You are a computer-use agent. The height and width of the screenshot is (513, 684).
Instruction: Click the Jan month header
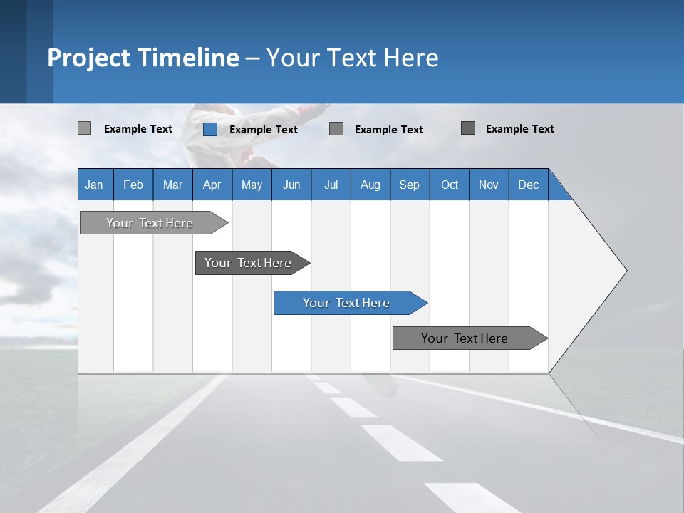tap(95, 185)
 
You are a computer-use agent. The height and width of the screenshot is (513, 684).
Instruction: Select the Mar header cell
tap(172, 185)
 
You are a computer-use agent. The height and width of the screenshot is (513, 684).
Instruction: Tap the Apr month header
tap(212, 185)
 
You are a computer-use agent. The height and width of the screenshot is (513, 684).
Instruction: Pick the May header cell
tap(252, 185)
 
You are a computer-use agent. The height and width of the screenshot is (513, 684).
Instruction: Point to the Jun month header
tap(291, 185)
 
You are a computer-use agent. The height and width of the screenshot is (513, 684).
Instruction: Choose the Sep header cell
tap(409, 185)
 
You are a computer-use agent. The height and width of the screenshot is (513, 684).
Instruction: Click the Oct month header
tap(450, 185)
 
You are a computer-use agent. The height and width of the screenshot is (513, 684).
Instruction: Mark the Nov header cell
tap(489, 185)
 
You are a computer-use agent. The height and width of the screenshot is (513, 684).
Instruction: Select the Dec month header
tap(528, 185)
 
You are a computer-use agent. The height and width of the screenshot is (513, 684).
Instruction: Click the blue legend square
tap(210, 129)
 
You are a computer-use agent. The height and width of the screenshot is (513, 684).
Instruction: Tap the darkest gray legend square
tap(468, 128)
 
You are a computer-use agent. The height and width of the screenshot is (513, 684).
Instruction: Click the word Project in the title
tap(89, 58)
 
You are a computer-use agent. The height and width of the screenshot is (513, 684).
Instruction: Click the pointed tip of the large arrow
tap(625, 271)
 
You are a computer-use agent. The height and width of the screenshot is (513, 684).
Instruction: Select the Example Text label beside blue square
tap(263, 130)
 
